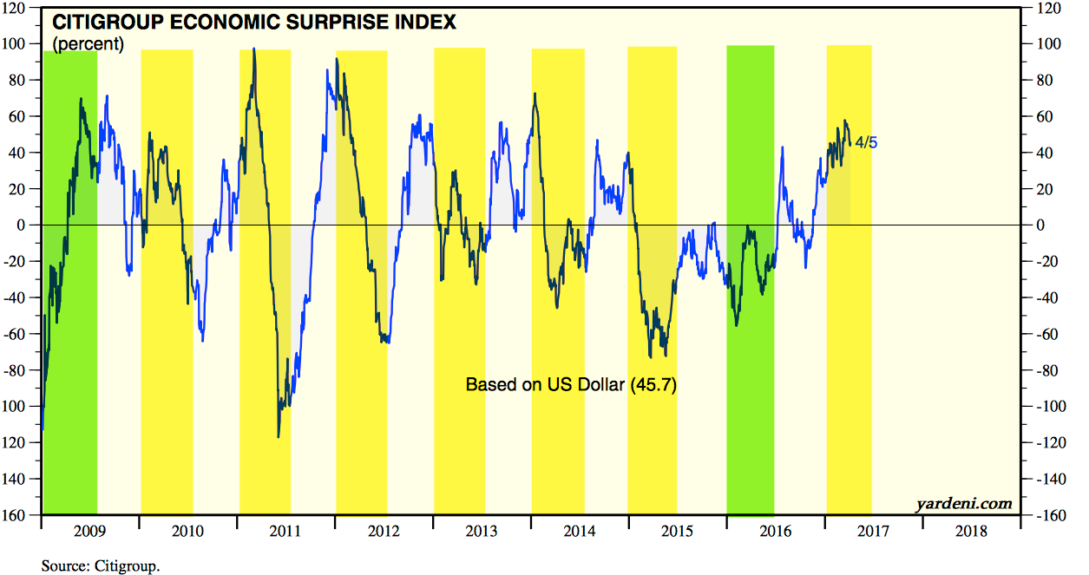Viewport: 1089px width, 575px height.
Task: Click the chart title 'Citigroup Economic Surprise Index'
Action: [x=255, y=23]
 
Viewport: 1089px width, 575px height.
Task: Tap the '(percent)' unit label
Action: [x=89, y=43]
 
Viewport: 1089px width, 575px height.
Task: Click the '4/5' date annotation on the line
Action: [x=866, y=142]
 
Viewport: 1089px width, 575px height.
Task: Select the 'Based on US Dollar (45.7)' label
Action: [x=571, y=384]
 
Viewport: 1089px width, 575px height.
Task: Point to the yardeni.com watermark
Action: [x=963, y=503]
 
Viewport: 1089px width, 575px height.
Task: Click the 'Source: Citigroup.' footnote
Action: [x=101, y=566]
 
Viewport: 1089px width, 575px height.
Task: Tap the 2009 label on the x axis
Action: [x=89, y=531]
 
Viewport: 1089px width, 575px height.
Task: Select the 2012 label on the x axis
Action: [x=384, y=531]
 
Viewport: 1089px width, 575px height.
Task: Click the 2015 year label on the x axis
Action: [x=678, y=531]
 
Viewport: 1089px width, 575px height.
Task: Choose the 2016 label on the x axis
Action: [x=776, y=531]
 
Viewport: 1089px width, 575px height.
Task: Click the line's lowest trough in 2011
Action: [x=279, y=436]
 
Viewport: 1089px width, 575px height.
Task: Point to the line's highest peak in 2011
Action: [x=253, y=49]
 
